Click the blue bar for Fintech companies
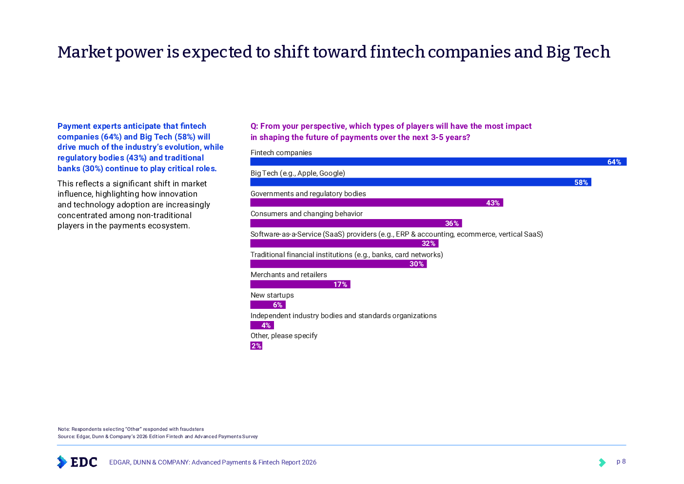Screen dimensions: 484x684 [x=429, y=162]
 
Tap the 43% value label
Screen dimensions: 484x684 [x=493, y=203]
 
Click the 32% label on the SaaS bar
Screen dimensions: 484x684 [x=429, y=243]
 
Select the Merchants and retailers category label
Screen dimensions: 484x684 [x=289, y=275]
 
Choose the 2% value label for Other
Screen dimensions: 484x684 [x=256, y=346]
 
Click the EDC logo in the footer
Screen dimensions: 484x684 [x=77, y=462]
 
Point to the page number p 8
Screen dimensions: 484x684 [x=621, y=462]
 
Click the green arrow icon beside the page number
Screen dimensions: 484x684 [x=602, y=462]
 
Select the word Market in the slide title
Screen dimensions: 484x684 [x=85, y=52]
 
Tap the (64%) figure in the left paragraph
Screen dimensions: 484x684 [x=111, y=137]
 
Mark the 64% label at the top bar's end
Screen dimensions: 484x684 [x=614, y=162]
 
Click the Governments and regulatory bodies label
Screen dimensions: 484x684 [x=308, y=194]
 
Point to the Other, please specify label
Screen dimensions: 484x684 [x=284, y=336]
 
